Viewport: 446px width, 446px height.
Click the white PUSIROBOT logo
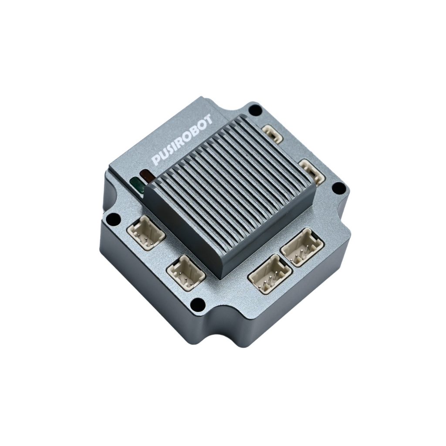coord(182,140)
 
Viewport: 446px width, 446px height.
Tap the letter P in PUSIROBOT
coord(156,160)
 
